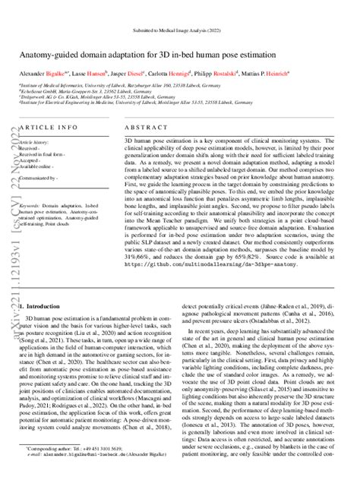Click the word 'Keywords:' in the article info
[32, 206]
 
